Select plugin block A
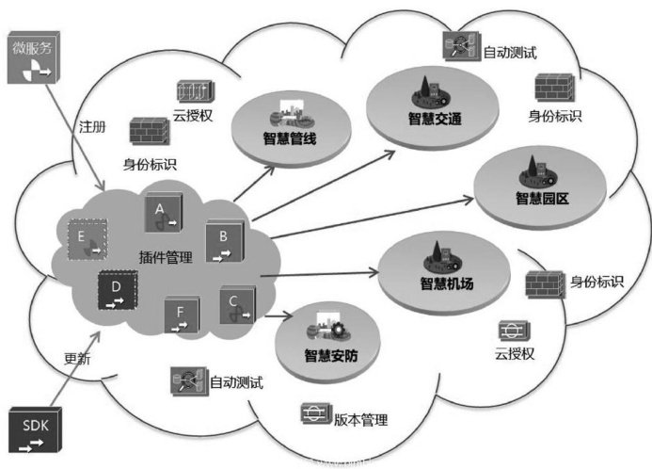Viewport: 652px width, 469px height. [x=161, y=215]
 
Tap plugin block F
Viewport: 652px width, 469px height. [x=180, y=315]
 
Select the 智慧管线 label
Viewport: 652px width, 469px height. [x=291, y=138]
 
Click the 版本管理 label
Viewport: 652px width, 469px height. [x=360, y=420]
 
